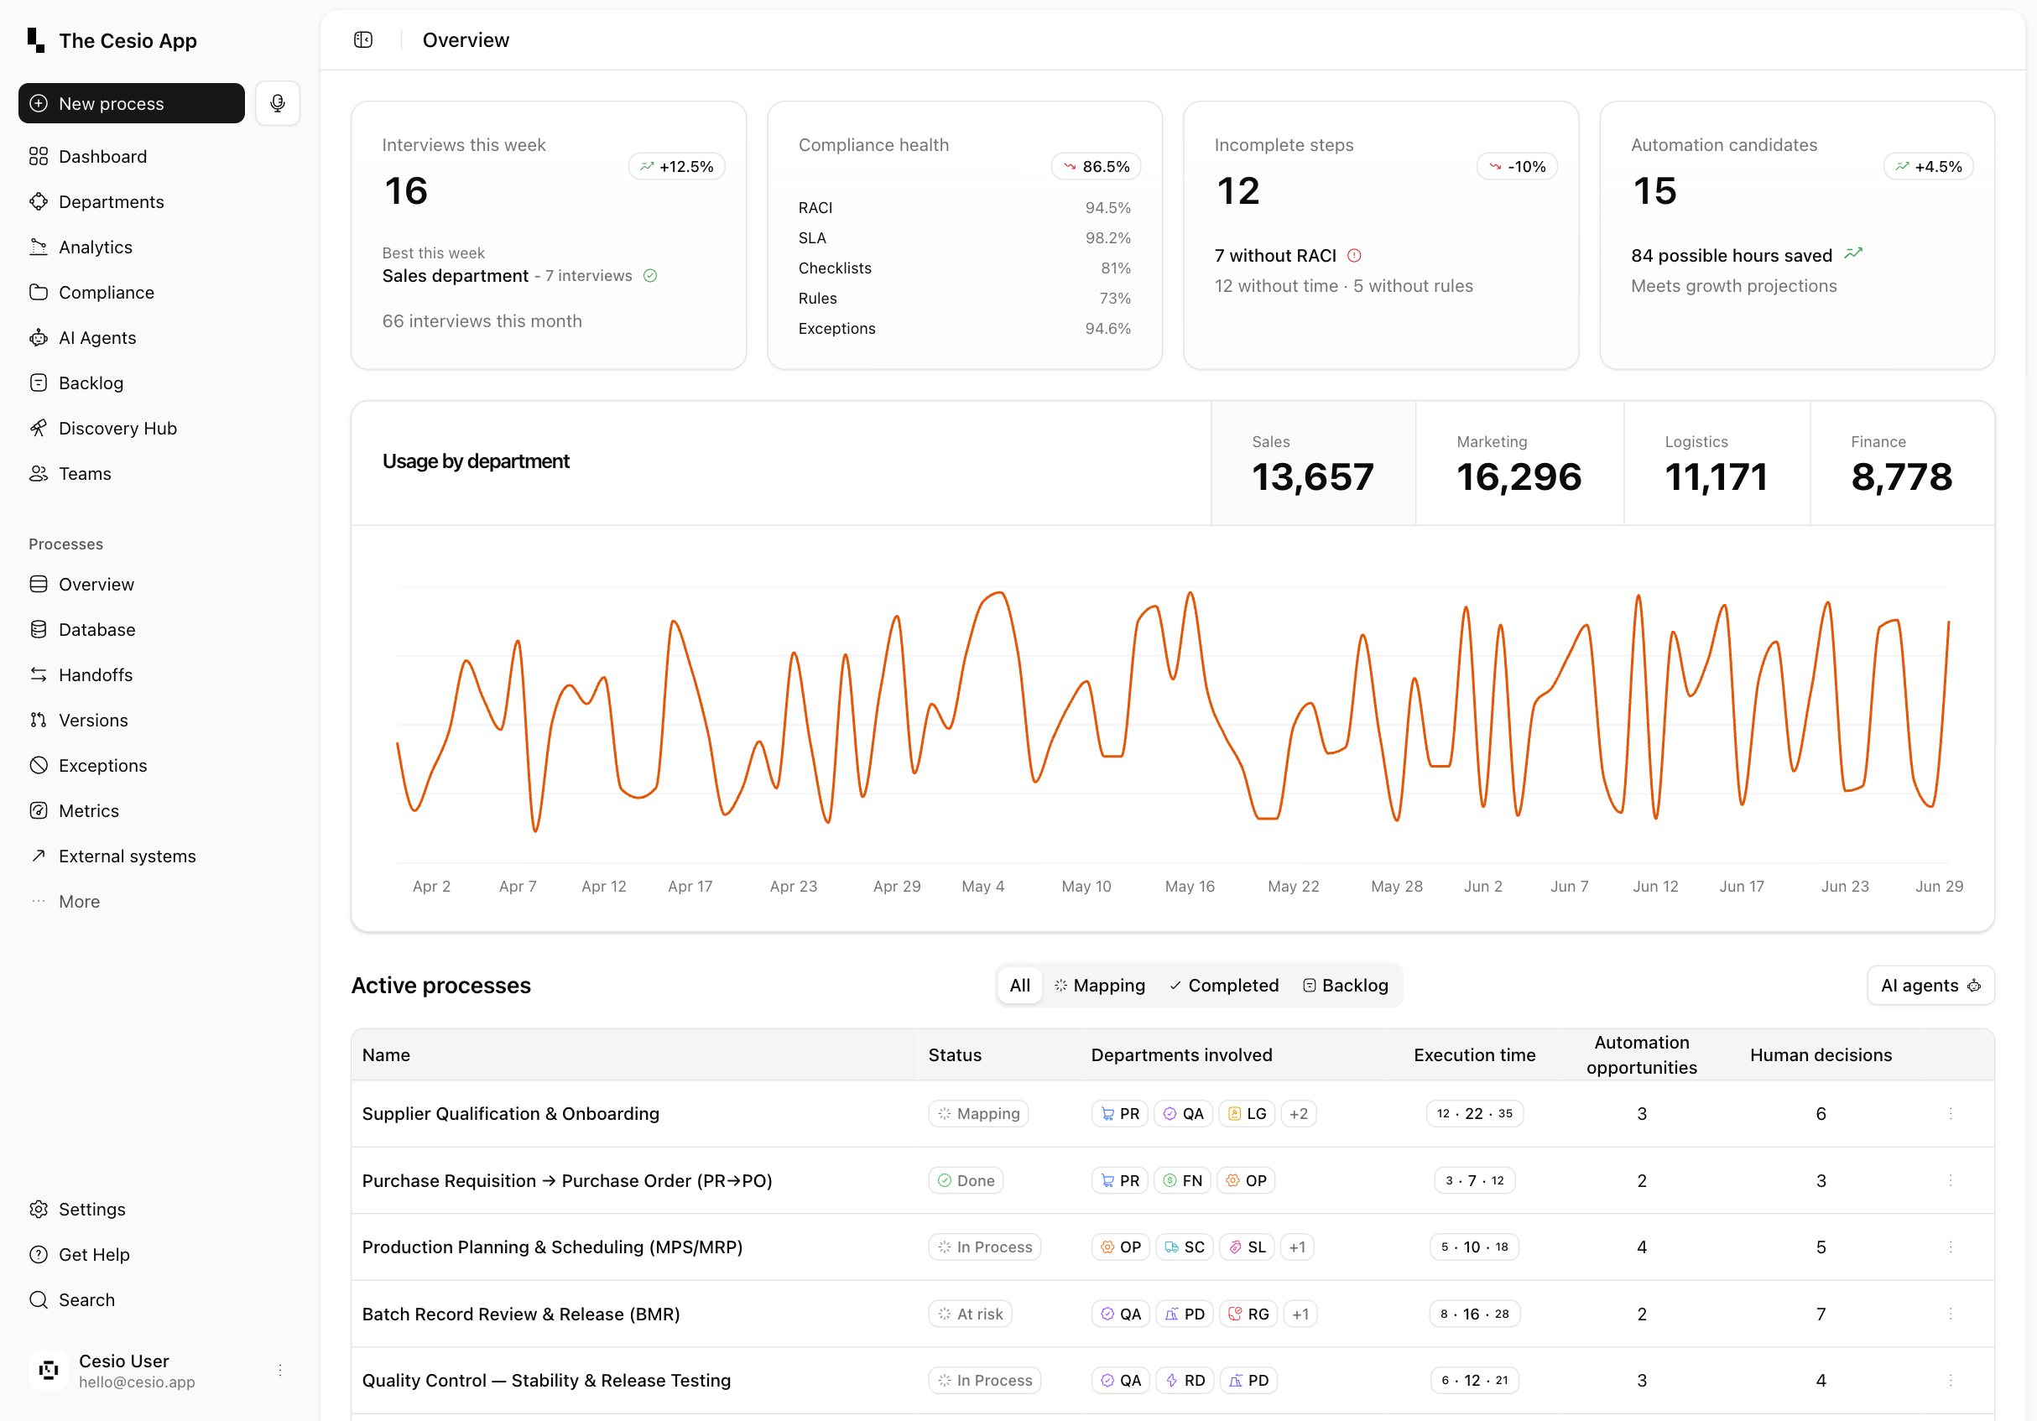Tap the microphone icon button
(278, 104)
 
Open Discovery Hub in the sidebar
(117, 429)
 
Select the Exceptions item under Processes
(102, 766)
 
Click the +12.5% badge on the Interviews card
(677, 167)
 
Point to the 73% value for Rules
(1114, 299)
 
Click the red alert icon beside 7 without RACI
(1354, 257)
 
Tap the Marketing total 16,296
(1518, 477)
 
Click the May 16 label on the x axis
(1189, 886)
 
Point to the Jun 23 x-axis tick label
(1845, 886)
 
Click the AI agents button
(1930, 986)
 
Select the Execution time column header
(1473, 1054)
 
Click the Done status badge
(966, 1180)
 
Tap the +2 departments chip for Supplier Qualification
(1298, 1114)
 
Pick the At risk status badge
(970, 1314)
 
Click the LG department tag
(1247, 1114)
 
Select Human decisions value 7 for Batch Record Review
(1821, 1314)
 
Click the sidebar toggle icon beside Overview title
(363, 40)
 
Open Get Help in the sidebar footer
(93, 1254)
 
